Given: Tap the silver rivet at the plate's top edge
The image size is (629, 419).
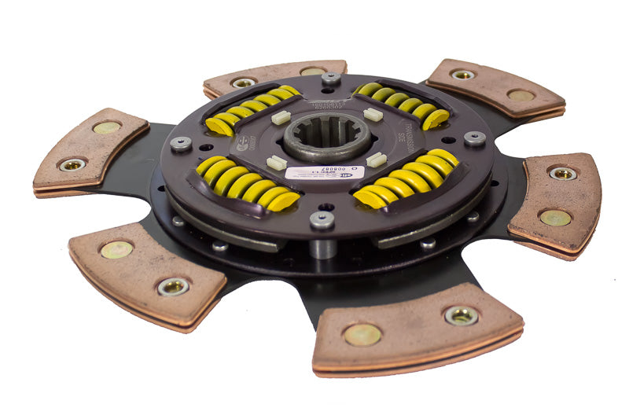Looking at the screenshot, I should point(331,78).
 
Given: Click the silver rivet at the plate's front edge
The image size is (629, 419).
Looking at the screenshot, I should point(322,220).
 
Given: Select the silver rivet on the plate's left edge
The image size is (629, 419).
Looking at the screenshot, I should point(181,142).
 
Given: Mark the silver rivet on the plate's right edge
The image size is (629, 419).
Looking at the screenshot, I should point(474,138).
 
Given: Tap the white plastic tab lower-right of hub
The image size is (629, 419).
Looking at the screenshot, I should point(376,160).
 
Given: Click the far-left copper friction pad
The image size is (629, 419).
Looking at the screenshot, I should point(90,150).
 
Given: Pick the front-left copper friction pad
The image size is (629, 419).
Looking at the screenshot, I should point(146,270).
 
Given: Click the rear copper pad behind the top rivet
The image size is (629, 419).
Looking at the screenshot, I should point(275,75).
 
